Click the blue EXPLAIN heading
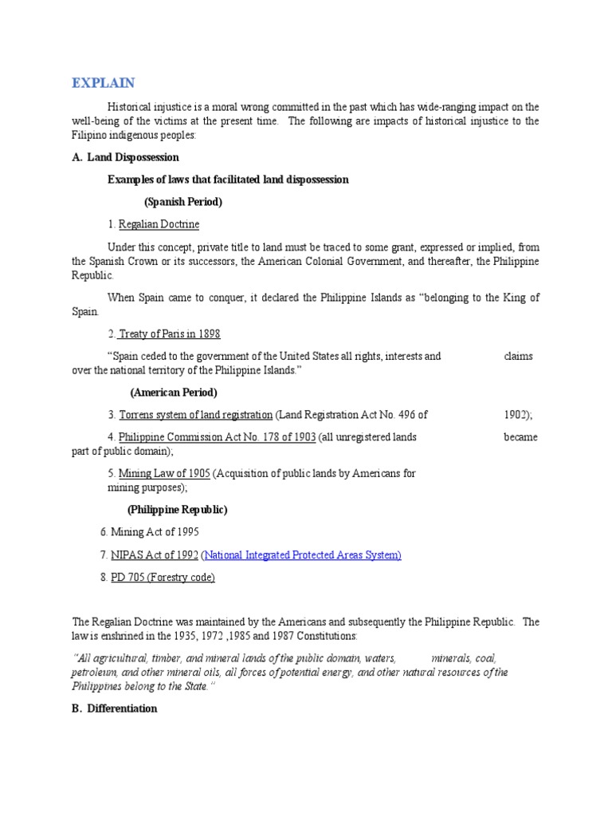click(104, 84)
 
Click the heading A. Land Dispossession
click(125, 157)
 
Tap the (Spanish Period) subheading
click(183, 202)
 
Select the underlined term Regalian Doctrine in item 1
click(159, 224)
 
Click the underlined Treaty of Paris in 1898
click(169, 334)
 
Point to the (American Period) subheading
click(174, 393)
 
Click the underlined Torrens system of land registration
click(195, 415)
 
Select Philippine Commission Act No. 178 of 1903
click(217, 437)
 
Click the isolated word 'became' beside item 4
click(520, 437)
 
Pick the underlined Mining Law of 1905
click(164, 473)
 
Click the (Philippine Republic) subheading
click(177, 509)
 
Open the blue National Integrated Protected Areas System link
click(301, 555)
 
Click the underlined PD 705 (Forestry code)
click(163, 577)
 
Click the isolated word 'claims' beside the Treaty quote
click(519, 357)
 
